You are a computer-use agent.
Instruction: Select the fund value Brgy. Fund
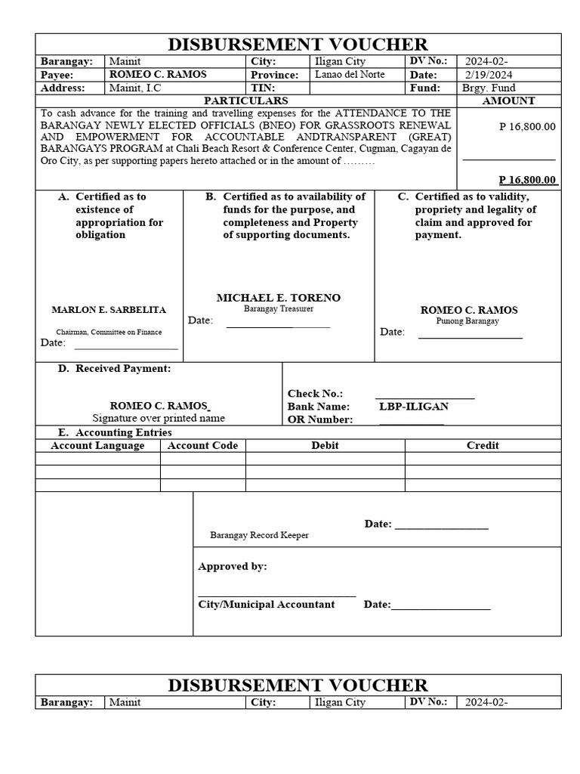[489, 88]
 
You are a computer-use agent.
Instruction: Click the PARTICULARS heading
[246, 101]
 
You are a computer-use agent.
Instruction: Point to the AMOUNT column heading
[508, 101]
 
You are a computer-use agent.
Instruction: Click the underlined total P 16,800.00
[528, 180]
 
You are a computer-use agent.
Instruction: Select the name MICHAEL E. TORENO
[279, 298]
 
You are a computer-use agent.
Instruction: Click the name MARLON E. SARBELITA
[109, 310]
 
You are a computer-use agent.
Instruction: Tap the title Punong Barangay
[467, 321]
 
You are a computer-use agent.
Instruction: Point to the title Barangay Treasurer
[278, 309]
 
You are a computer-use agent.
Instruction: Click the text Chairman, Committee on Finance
[109, 332]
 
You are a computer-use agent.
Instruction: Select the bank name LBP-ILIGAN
[414, 407]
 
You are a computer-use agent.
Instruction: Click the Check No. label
[315, 394]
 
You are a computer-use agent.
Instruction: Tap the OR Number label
[320, 420]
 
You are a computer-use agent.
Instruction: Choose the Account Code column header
[202, 446]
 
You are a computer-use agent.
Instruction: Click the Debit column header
[325, 446]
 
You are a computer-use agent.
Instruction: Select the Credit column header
[482, 446]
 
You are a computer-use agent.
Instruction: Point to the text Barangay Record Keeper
[259, 535]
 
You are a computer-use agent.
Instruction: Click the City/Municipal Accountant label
[266, 605]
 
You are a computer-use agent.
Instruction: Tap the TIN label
[262, 88]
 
